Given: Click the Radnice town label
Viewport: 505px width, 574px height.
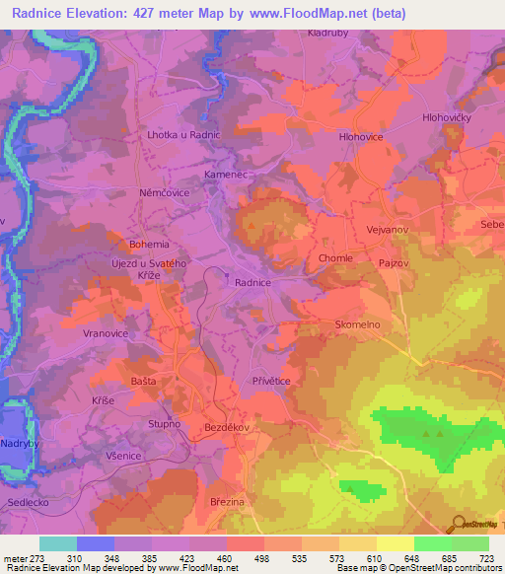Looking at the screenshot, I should pos(252,282).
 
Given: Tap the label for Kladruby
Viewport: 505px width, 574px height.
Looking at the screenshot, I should pos(328,33).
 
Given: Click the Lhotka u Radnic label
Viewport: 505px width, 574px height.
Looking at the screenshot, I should pos(183,134).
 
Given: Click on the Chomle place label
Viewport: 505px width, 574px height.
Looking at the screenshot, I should pos(335,258).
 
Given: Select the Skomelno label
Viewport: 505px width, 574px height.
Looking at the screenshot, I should pos(357,324).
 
